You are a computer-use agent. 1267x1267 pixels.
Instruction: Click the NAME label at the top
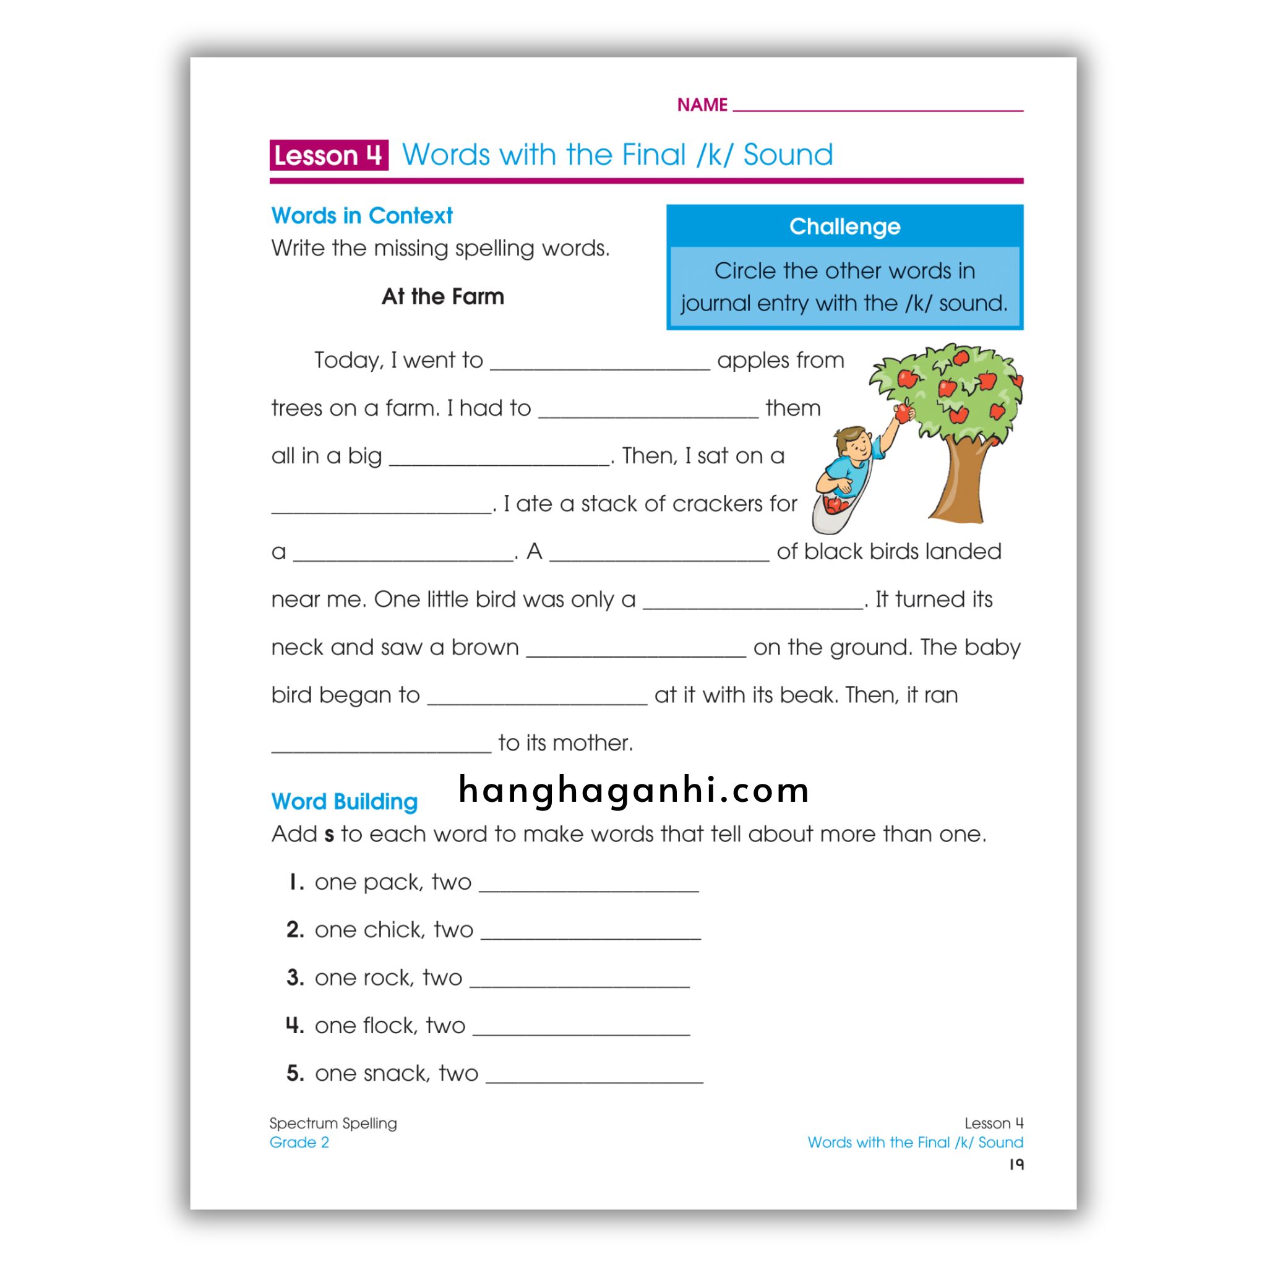pos(702,105)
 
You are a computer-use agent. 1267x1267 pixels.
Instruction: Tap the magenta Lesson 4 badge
pos(329,155)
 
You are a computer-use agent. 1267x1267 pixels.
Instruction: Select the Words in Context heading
pos(361,216)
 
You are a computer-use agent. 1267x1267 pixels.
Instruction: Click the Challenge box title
pos(844,226)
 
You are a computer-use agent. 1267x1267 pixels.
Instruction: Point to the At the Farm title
pos(443,296)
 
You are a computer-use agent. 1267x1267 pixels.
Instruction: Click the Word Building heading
pos(345,801)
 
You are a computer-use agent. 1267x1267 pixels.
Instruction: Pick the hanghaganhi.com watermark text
pos(633,789)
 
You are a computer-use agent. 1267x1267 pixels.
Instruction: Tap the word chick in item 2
pos(394,929)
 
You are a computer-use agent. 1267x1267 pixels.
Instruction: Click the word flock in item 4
pos(390,1025)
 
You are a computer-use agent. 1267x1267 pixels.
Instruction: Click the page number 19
pos(1016,1164)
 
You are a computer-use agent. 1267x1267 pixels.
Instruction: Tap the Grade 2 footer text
pos(299,1142)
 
